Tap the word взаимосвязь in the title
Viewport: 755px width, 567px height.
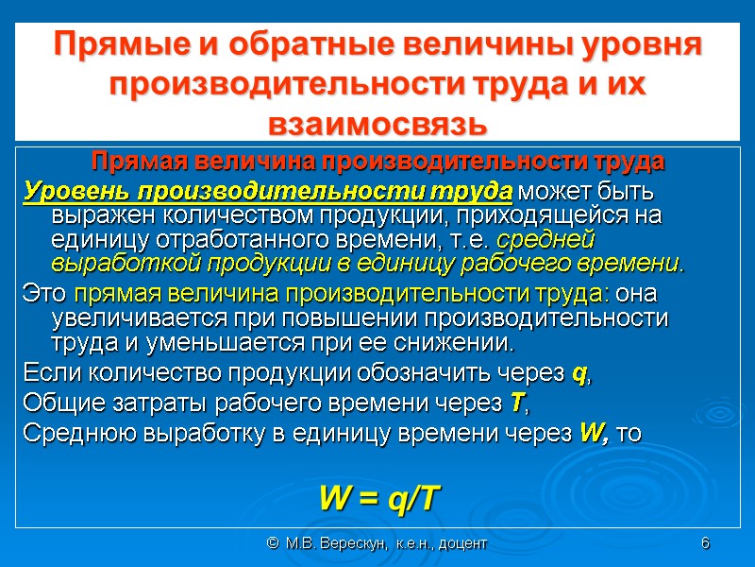pyautogui.click(x=377, y=124)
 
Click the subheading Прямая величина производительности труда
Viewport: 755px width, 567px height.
pyautogui.click(x=377, y=162)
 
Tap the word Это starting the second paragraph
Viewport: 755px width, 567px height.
pyautogui.click(x=44, y=295)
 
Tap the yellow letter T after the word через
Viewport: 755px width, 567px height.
pyautogui.click(x=514, y=405)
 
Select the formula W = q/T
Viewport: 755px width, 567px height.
pyautogui.click(x=379, y=498)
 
